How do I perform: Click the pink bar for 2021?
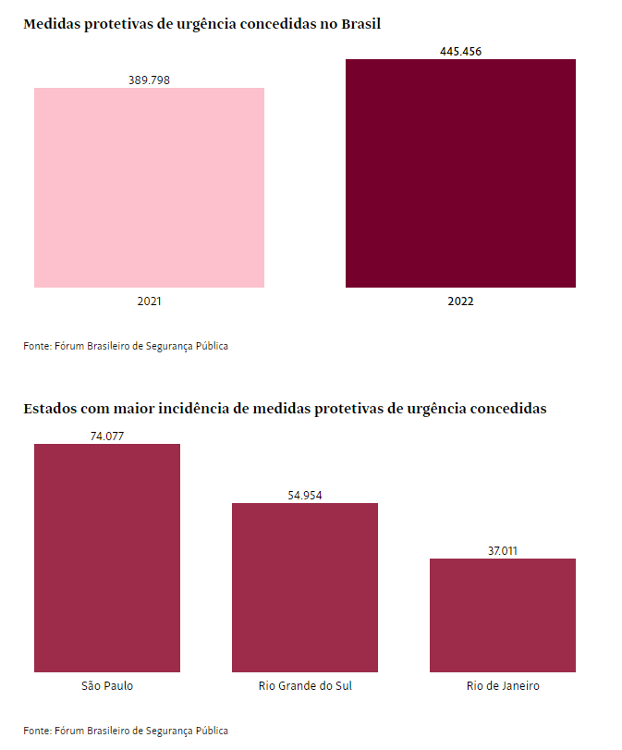(x=149, y=188)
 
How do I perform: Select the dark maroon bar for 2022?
(x=460, y=173)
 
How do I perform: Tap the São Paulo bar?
(x=107, y=558)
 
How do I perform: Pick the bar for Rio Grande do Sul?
(x=305, y=587)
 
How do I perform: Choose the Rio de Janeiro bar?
(x=503, y=615)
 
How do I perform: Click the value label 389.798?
(x=149, y=80)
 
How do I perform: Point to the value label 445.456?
(x=460, y=52)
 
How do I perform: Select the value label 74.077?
(x=107, y=436)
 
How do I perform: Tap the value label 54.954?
(x=305, y=496)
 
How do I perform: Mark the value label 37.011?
(x=503, y=551)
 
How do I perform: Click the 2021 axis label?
(x=149, y=301)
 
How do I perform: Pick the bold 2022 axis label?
(x=460, y=301)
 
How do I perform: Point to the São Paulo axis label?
(x=107, y=686)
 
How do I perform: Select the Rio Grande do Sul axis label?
(x=305, y=686)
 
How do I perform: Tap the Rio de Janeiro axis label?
(x=503, y=686)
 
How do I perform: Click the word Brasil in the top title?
(x=360, y=24)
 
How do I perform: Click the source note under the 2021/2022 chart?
(x=126, y=346)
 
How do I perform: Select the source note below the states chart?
(x=126, y=731)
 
